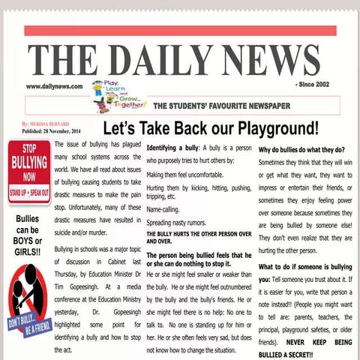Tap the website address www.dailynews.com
pyautogui.click(x=54, y=86)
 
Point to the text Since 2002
pyautogui.click(x=316, y=85)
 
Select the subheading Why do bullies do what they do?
pyautogui.click(x=301, y=148)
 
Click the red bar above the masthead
pyautogui.click(x=180, y=31)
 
